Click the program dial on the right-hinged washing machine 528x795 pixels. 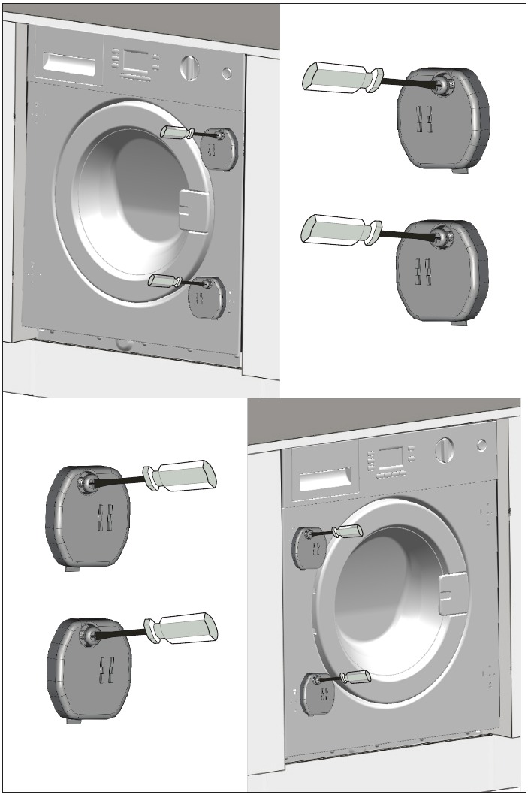coord(189,68)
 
